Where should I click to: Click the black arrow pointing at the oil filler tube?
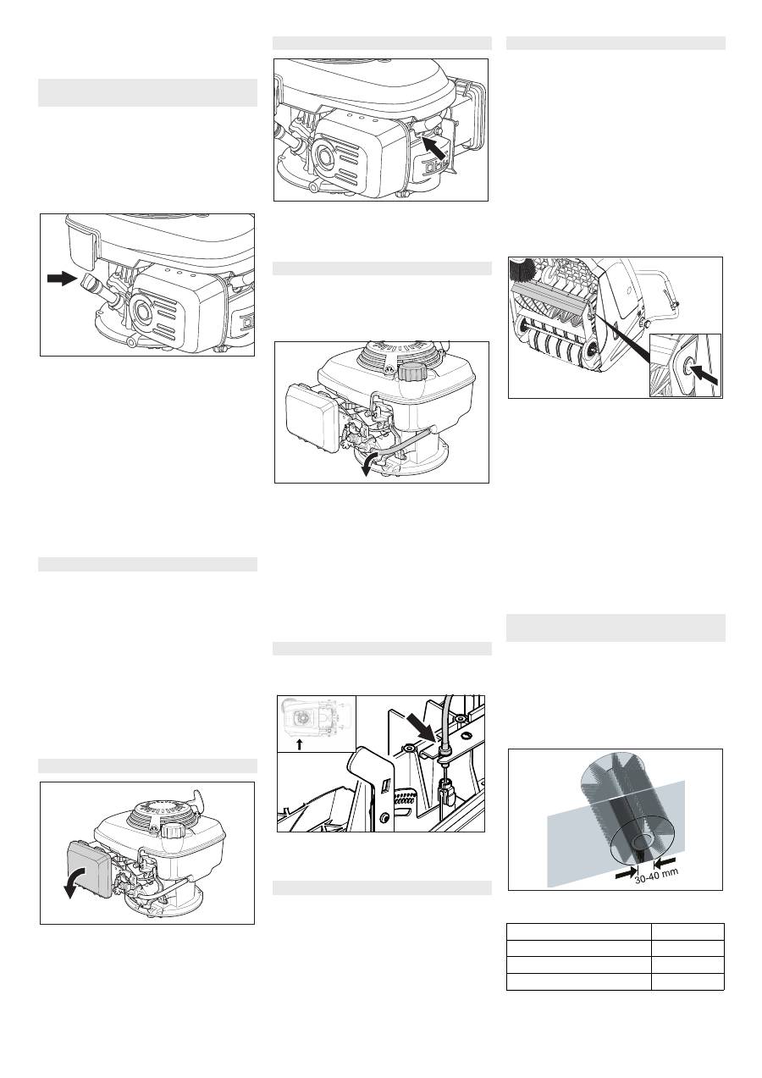[62, 279]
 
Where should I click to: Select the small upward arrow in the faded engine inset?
[300, 744]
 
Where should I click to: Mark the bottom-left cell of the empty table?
[579, 982]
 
